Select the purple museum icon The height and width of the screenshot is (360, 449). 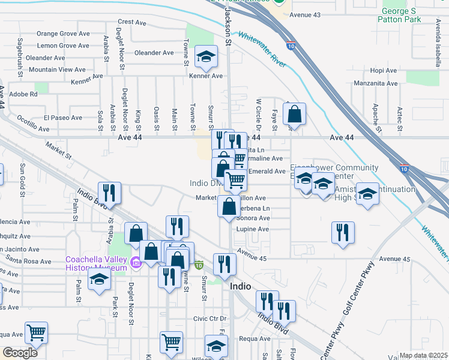pos(136,262)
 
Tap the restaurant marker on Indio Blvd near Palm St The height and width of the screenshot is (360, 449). pos(109,193)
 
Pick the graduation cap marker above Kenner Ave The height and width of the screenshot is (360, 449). pos(206,58)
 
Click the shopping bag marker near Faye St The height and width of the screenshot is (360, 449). pos(295,113)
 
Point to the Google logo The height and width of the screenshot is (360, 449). pos(20,353)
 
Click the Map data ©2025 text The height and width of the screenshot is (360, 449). pos(423,355)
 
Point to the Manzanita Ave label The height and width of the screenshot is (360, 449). pos(376,83)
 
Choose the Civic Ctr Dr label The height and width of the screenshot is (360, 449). pos(208,319)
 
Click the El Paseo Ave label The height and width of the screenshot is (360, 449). pos(62,118)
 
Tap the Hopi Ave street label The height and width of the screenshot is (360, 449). pos(384,70)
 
